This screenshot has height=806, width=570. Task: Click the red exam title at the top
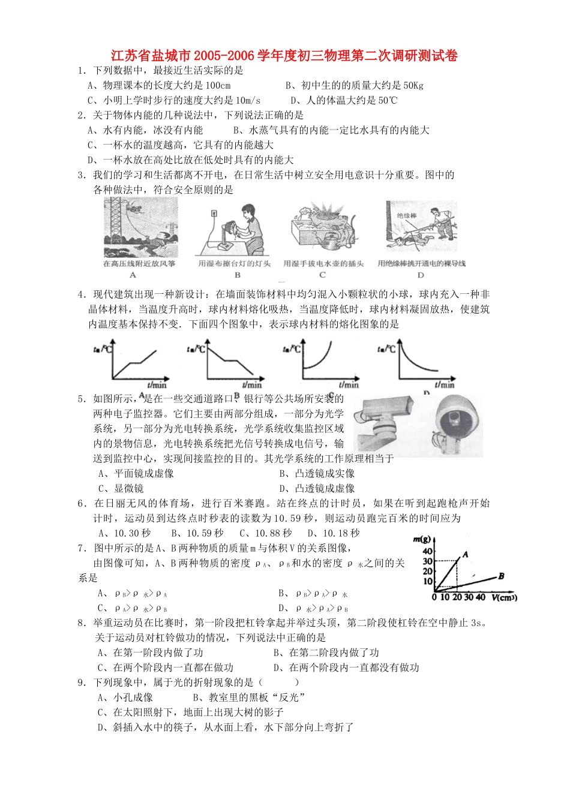[x=284, y=56]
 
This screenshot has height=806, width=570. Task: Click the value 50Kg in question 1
[x=413, y=86]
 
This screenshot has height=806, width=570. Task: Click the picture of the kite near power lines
[x=140, y=228]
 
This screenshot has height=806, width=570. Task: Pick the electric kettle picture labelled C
[x=323, y=230]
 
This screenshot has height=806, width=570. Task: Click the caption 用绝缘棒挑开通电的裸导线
[x=421, y=263]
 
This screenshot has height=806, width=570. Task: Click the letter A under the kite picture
[x=133, y=275]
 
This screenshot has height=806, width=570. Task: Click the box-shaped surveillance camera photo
[x=384, y=422]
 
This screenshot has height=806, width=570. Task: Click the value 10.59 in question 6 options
[x=205, y=533]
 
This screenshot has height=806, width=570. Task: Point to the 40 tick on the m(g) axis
[x=427, y=552]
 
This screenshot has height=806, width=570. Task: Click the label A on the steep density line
[x=465, y=555]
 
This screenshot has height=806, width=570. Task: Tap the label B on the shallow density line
[x=501, y=576]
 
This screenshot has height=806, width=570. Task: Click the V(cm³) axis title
[x=504, y=598]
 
